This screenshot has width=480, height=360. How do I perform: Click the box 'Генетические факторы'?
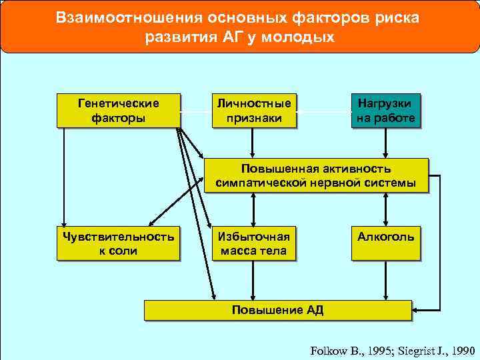(x=119, y=111)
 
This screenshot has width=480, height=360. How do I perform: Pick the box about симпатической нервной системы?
(x=315, y=175)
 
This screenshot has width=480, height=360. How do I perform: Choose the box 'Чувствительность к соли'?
(x=119, y=243)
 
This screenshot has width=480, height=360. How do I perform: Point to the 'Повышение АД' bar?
(x=277, y=310)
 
